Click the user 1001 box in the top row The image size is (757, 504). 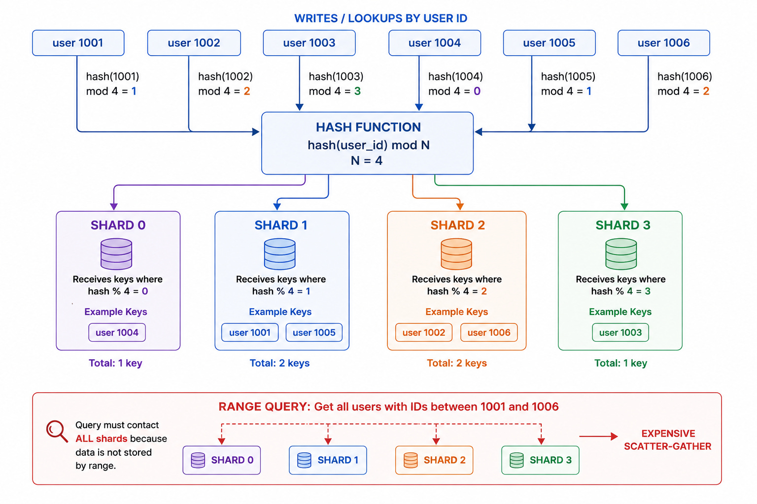coord(78,43)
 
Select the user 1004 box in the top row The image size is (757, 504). coord(435,43)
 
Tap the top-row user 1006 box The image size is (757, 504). coord(664,43)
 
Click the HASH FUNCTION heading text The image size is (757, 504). coord(368,127)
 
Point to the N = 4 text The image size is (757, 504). coord(367,160)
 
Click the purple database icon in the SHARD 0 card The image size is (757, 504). coord(116,254)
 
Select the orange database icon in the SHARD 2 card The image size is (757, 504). coord(456,254)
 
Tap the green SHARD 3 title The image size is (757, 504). coord(623,225)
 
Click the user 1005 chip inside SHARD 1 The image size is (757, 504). coord(314,333)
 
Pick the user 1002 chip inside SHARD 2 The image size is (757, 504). coord(424,333)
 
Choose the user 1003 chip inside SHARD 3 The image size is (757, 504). coord(620,333)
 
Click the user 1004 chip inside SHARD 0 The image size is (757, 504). coord(117,333)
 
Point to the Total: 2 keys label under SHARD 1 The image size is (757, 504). coord(279,363)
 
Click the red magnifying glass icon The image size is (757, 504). coord(57,431)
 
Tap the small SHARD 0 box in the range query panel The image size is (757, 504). coord(222,460)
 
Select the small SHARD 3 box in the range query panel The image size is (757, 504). coord(540,460)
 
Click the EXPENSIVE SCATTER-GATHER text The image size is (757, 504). coord(668,440)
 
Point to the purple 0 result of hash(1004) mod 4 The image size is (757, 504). coord(477,91)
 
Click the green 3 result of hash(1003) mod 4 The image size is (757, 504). coord(357,91)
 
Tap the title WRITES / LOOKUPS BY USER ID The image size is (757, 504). coord(381,18)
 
